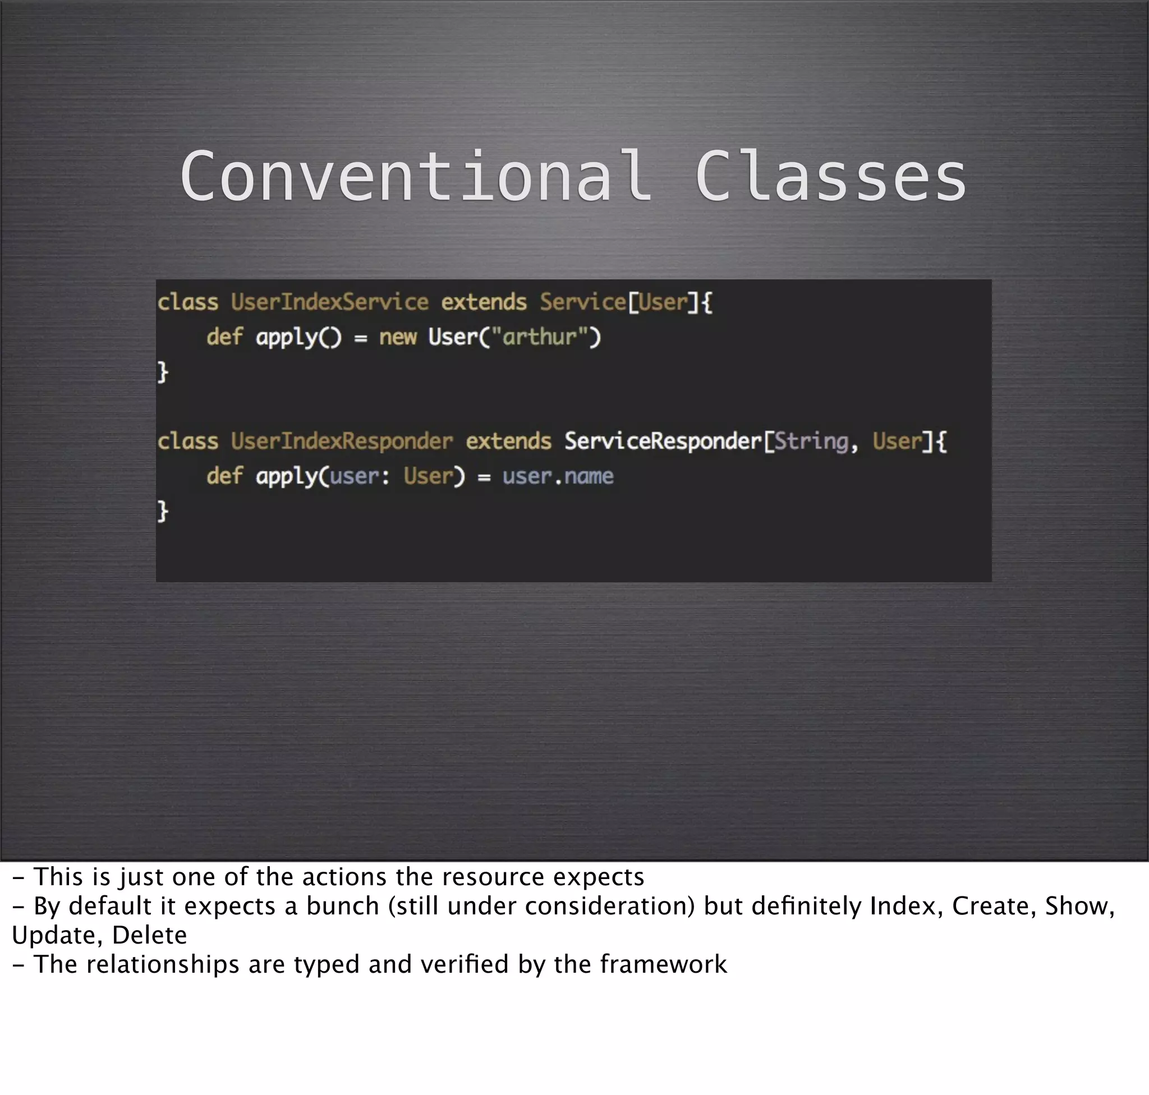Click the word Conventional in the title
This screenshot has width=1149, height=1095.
pyautogui.click(x=416, y=176)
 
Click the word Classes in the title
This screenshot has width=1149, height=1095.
pyautogui.click(x=830, y=176)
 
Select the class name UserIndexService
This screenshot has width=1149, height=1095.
pyautogui.click(x=329, y=302)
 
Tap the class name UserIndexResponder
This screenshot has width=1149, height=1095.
pyautogui.click(x=342, y=441)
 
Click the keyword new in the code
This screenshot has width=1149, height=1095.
pyautogui.click(x=398, y=337)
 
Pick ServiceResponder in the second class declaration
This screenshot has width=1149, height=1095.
pyautogui.click(x=663, y=441)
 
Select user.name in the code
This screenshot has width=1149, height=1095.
pyautogui.click(x=558, y=476)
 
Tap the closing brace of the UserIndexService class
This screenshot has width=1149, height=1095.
pyautogui.click(x=163, y=372)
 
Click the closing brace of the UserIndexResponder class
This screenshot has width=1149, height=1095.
pyautogui.click(x=163, y=510)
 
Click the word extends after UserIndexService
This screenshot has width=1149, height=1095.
pyautogui.click(x=484, y=302)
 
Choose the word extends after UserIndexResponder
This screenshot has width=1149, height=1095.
pyautogui.click(x=508, y=441)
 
